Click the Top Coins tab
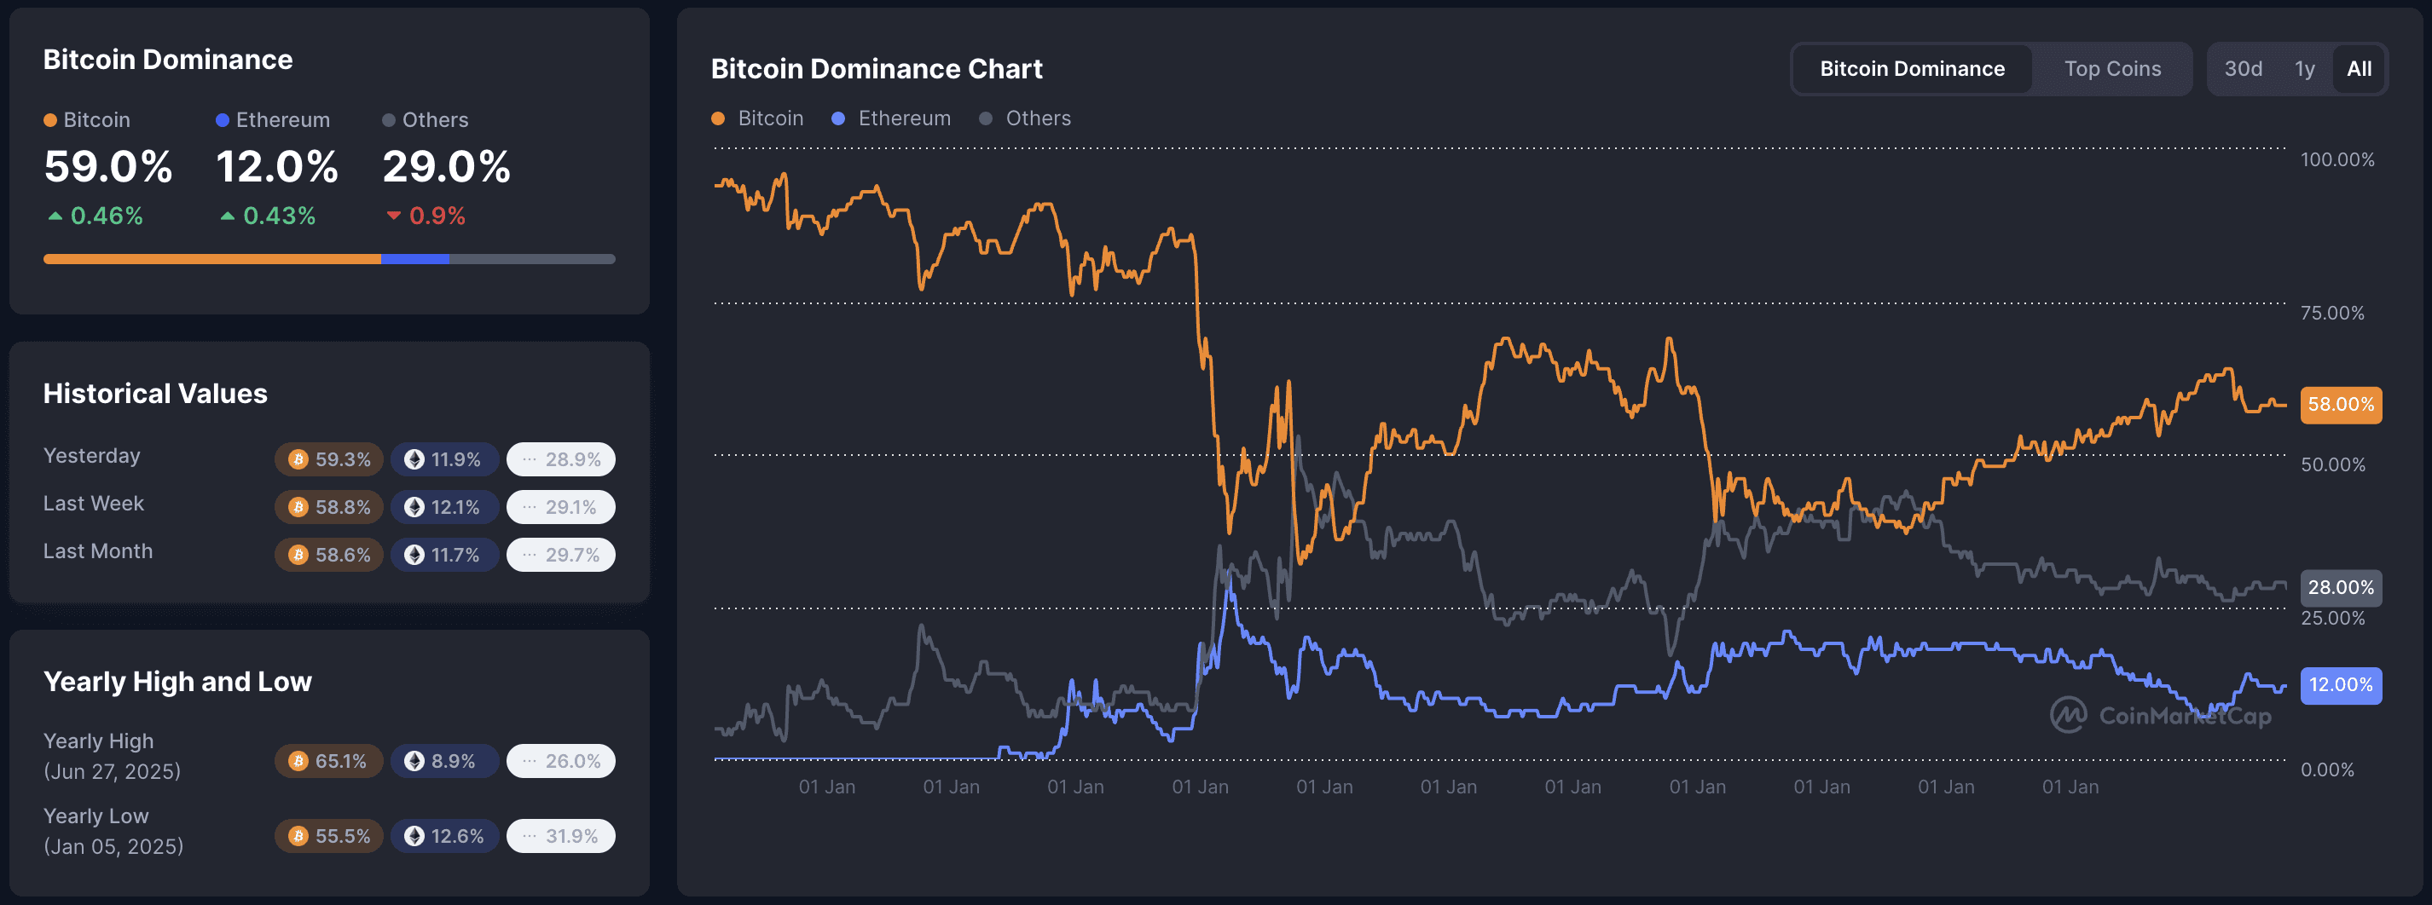point(2112,69)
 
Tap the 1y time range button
point(2305,69)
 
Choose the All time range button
point(2359,69)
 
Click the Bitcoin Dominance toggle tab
point(1912,69)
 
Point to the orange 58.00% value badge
point(2341,405)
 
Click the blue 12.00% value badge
point(2341,685)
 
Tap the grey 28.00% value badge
point(2341,588)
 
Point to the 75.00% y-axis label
point(2332,314)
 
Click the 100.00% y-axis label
point(2336,160)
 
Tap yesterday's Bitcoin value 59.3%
point(329,459)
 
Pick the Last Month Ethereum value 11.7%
point(444,555)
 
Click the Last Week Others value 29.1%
point(561,508)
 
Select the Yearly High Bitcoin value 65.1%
point(329,762)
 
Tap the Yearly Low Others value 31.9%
point(561,836)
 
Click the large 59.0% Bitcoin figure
point(108,167)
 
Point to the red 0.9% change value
point(437,216)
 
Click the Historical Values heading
point(156,394)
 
